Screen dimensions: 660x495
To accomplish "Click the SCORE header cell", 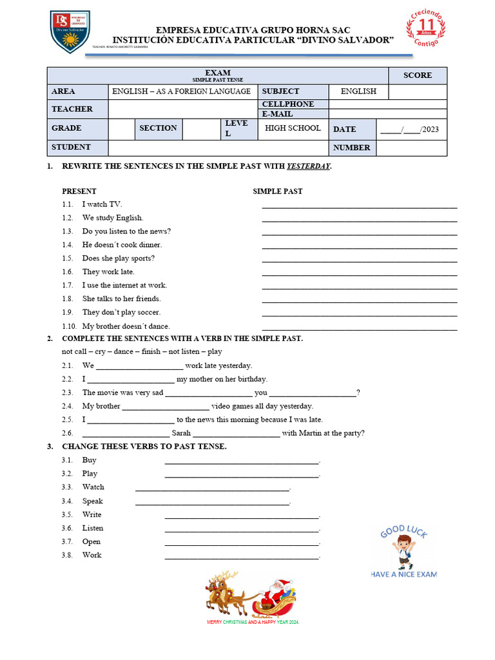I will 417,75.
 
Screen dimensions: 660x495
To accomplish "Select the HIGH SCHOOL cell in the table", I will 293,128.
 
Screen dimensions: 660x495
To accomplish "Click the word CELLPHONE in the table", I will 288,104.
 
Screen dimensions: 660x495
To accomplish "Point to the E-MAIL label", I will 277,114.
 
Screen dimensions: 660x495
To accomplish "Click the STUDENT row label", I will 71,147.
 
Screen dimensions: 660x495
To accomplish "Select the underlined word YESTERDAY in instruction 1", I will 308,166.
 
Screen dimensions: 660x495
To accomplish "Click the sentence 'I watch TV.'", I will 102,204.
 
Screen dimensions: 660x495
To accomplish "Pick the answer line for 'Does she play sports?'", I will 360,261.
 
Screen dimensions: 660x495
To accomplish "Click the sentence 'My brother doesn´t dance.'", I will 126,326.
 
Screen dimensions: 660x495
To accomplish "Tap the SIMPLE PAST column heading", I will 277,191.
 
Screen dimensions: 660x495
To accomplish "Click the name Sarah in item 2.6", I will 181,433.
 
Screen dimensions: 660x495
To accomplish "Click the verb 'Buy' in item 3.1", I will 89,460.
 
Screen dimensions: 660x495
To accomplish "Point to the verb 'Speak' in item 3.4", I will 92,501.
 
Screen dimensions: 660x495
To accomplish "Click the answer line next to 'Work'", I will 242,558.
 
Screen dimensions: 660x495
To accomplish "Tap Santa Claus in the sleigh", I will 278,590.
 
